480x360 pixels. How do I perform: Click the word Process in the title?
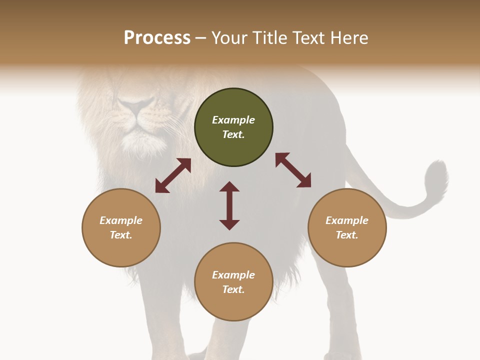tap(157, 38)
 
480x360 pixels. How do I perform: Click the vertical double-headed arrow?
tap(229, 205)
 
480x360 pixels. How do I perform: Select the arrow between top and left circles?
tap(173, 175)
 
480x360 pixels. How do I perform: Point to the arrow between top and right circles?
tap(293, 170)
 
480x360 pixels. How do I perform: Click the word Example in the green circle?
tap(233, 120)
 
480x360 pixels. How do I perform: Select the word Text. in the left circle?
tap(121, 235)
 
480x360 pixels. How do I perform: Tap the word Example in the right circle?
tap(347, 220)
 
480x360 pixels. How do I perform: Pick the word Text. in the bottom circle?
tap(233, 289)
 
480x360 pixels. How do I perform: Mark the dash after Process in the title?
tap(201, 38)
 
